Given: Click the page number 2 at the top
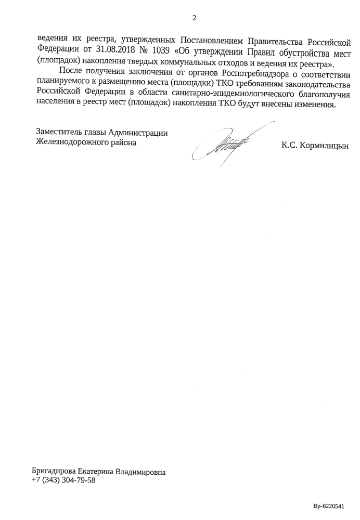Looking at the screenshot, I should (x=195, y=18).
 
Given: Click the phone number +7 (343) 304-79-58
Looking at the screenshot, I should (x=64, y=480).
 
